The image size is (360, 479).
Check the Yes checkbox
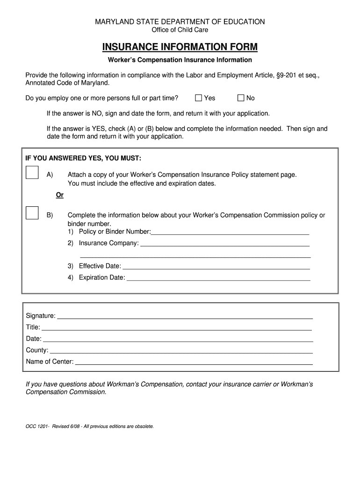coord(198,98)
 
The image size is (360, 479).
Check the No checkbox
coord(241,98)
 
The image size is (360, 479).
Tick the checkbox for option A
coord(32,173)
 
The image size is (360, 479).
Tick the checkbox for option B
coord(32,213)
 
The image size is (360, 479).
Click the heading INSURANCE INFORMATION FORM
coord(180,47)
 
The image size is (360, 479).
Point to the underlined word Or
coord(60,195)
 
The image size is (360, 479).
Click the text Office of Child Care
coord(180,30)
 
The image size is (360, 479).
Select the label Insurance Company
coord(108,243)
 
